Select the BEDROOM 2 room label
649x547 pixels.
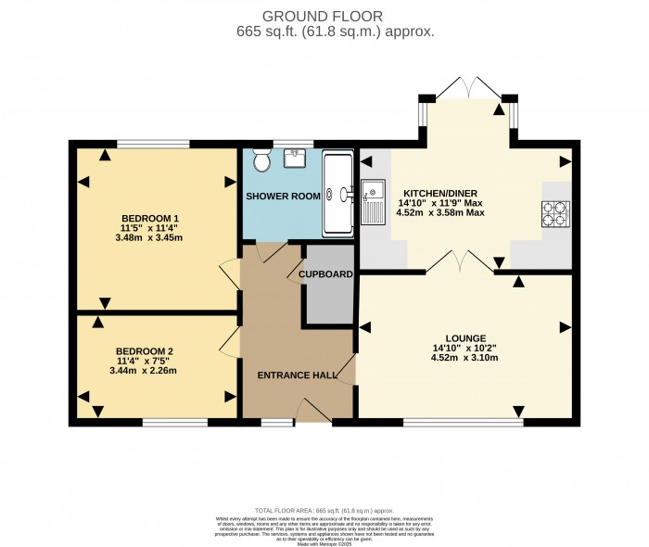click(144, 351)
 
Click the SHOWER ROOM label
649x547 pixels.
click(283, 197)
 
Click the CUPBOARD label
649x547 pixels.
click(325, 274)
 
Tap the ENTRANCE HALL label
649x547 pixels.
click(296, 374)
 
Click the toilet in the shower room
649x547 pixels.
click(261, 161)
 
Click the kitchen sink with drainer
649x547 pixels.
click(374, 202)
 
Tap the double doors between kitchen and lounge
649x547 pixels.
click(460, 262)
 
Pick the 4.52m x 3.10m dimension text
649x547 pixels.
click(459, 358)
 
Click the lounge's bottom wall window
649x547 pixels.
click(463, 423)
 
